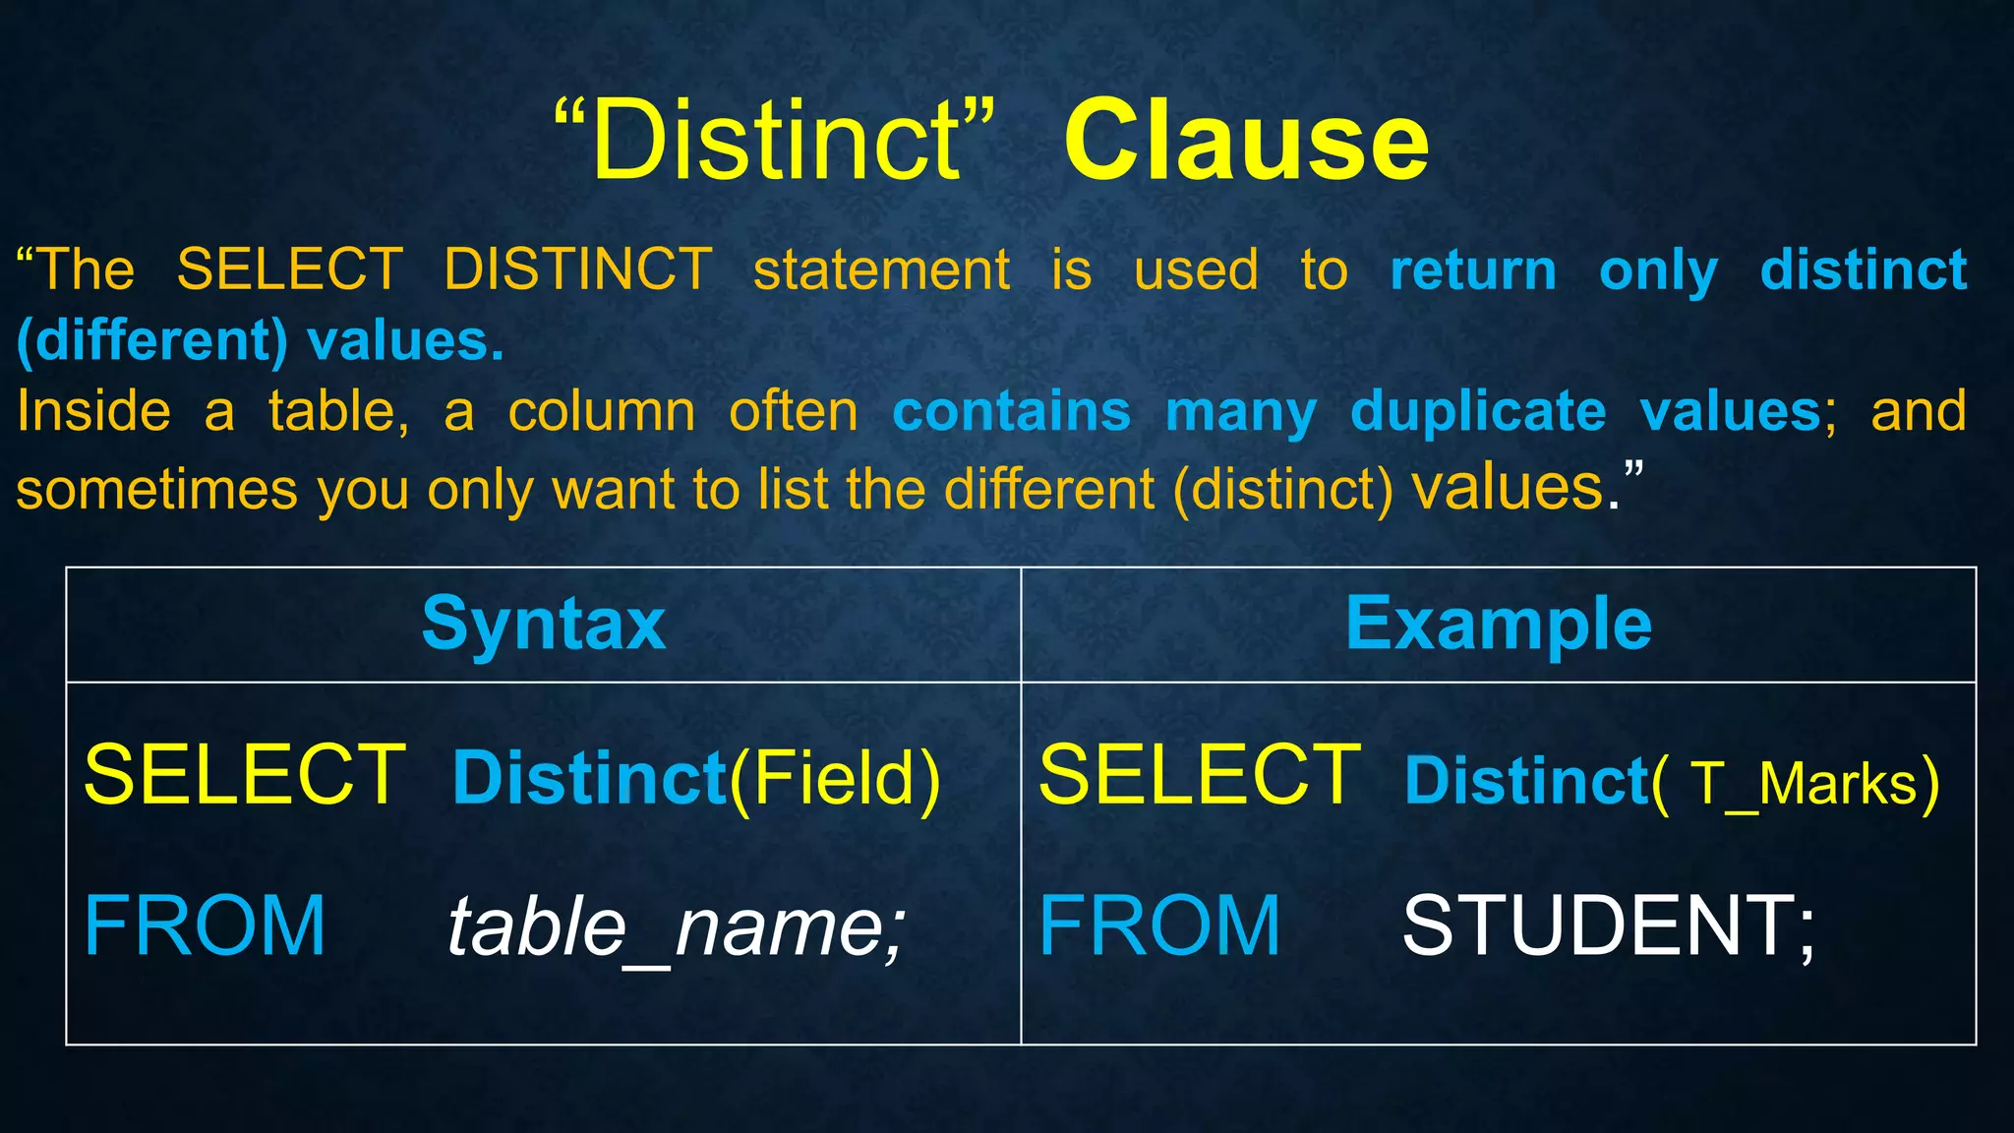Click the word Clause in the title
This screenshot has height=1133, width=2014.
tap(1246, 142)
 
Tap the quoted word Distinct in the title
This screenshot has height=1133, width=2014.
tap(775, 142)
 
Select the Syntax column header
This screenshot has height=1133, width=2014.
tap(544, 624)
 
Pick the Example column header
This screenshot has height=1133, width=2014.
tap(1498, 624)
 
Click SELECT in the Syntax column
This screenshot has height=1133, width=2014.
tap(245, 776)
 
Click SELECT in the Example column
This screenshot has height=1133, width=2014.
tap(1200, 776)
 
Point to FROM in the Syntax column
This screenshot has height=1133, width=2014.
tap(205, 925)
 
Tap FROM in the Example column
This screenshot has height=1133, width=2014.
tap(1159, 925)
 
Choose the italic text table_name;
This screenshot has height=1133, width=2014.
tap(676, 927)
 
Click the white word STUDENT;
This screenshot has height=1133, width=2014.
tap(1609, 925)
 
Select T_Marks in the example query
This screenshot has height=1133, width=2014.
tap(1805, 784)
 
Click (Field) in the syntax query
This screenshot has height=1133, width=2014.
tap(835, 780)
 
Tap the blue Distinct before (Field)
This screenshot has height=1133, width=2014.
tap(589, 778)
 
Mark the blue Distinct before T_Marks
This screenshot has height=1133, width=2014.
tap(1526, 781)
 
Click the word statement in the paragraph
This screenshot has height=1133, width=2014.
tap(881, 269)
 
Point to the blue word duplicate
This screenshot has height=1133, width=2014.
tap(1478, 411)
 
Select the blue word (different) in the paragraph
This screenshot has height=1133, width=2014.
tap(152, 340)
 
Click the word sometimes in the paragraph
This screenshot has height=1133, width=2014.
tap(156, 490)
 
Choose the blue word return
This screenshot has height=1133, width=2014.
tap(1473, 269)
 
